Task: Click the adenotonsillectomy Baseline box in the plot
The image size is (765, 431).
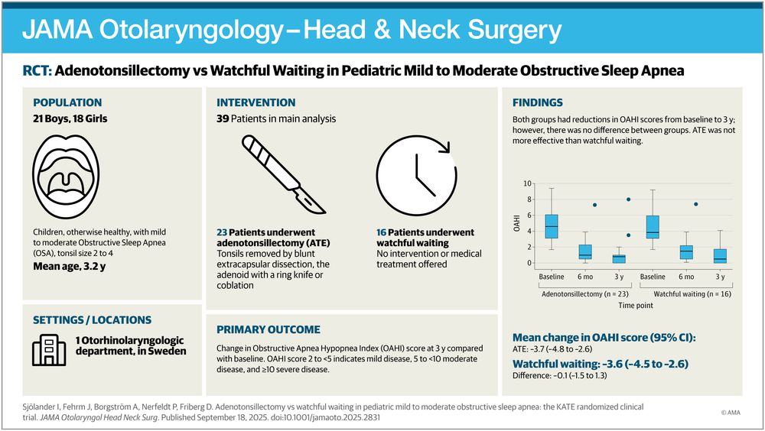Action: coord(552,226)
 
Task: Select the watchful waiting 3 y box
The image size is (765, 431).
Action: coord(720,256)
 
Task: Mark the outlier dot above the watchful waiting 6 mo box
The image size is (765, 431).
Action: coord(695,204)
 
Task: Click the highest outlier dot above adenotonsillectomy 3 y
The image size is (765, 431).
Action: coord(628,199)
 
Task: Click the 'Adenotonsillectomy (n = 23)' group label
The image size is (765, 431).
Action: coord(585,292)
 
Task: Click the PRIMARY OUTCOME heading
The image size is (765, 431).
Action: coord(268,329)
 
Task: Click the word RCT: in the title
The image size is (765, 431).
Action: coord(37,71)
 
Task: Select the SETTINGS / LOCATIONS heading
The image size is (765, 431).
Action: coord(91,319)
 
